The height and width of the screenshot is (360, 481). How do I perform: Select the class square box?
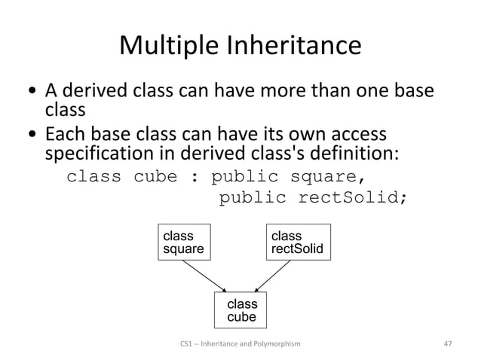[185, 242]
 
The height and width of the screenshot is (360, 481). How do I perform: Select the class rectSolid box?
[297, 242]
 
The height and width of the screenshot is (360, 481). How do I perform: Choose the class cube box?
[241, 310]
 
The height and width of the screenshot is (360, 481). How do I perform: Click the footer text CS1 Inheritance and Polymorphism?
[240, 343]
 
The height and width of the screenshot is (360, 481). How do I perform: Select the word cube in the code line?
[157, 178]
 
